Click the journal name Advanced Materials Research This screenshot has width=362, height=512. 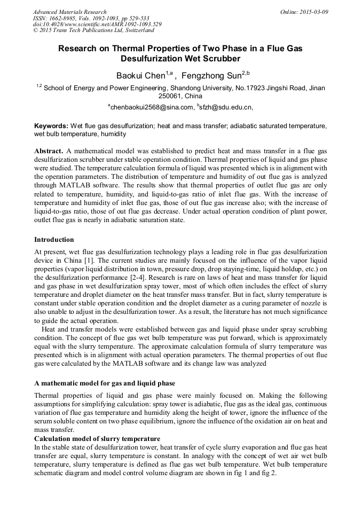point(69,12)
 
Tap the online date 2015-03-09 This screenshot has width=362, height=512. point(312,12)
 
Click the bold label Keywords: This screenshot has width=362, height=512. point(51,125)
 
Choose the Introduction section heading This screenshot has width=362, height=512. point(54,240)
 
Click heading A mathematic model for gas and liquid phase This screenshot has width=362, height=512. point(105,384)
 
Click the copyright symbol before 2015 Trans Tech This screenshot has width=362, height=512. point(35,31)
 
